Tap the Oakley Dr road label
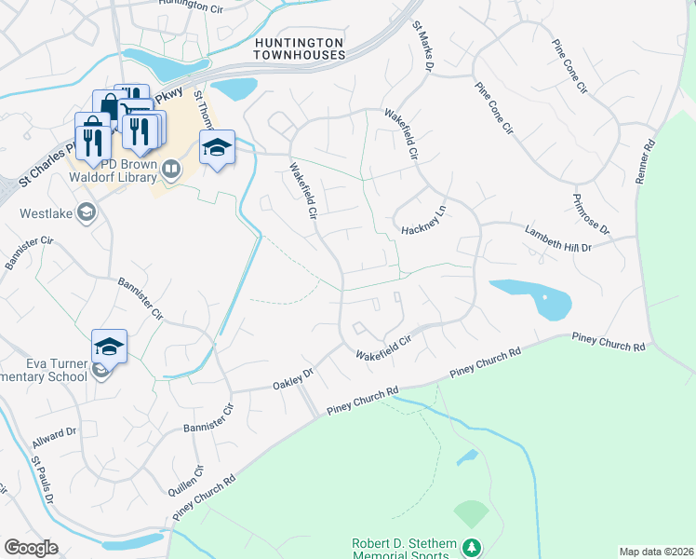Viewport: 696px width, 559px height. point(294,377)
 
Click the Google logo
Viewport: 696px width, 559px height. point(31,547)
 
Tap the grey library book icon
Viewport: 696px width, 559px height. point(170,169)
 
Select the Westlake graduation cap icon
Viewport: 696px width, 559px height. point(86,213)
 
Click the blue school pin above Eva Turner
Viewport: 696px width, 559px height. point(109,347)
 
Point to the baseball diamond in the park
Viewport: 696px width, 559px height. point(472,512)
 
